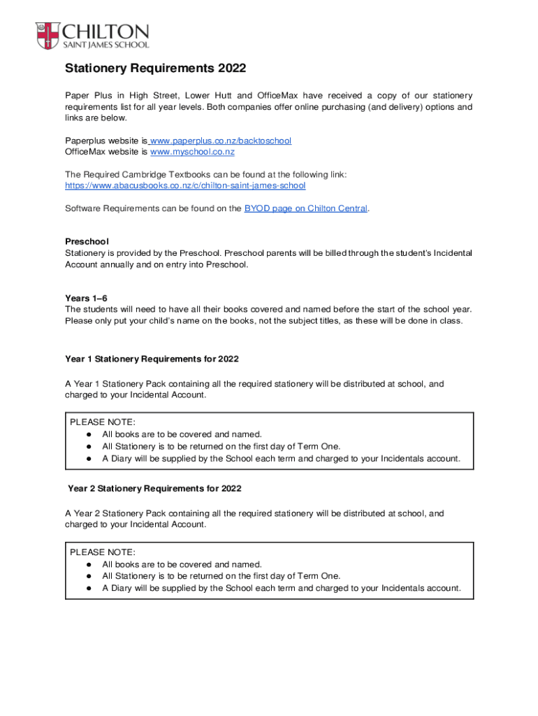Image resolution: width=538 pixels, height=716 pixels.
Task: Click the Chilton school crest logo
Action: tap(48, 36)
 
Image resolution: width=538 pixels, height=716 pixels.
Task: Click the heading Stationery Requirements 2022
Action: tap(155, 69)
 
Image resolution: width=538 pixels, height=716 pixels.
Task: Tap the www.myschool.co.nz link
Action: tap(192, 152)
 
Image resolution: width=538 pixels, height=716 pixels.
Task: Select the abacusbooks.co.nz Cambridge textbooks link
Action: tap(185, 186)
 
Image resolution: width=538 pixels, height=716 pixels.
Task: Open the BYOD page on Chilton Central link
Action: tap(305, 208)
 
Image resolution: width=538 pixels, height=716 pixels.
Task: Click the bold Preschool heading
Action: tap(86, 241)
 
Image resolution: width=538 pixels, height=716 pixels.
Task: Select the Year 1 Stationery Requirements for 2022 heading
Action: tap(152, 359)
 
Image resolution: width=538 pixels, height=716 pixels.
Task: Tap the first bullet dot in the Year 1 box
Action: tap(89, 434)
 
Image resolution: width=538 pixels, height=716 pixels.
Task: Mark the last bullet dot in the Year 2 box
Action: tap(89, 588)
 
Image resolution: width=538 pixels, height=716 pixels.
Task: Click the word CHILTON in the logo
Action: tap(106, 32)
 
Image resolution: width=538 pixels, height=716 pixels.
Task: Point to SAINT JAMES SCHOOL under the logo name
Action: tap(106, 45)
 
